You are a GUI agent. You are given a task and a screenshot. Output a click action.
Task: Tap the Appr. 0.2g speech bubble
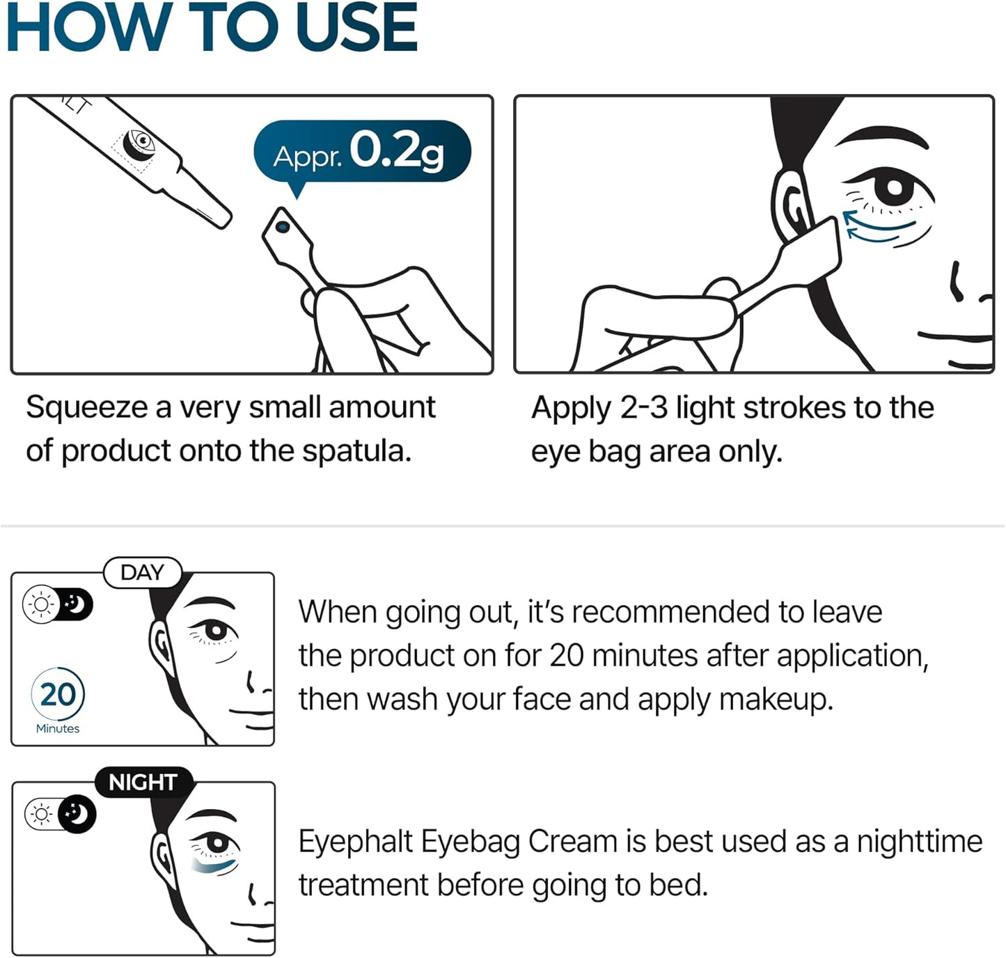(x=361, y=151)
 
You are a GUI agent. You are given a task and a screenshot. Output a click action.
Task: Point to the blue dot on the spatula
(x=282, y=227)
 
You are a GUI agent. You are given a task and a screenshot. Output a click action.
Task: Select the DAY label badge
(x=143, y=573)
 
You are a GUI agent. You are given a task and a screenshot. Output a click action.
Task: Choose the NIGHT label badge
(x=143, y=782)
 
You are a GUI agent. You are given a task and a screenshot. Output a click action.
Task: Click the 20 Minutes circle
(x=58, y=696)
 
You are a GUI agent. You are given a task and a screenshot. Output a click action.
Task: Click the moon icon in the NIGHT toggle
(x=77, y=813)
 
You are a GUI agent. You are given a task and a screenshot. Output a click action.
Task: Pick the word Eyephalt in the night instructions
(x=356, y=841)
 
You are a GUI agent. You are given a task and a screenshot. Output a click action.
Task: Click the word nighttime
(x=919, y=841)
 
